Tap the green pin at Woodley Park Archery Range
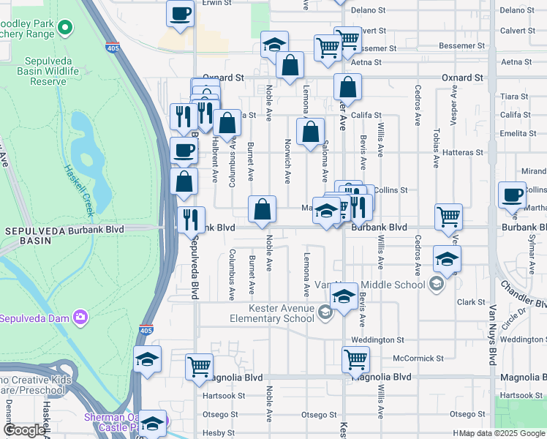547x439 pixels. tap(65, 28)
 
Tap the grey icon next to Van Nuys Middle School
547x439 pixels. tap(437, 284)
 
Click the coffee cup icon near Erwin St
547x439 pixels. tap(180, 14)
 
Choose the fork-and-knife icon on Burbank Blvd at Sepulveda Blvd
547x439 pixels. tap(190, 218)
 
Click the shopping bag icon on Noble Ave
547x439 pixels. tap(262, 209)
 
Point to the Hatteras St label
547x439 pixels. tap(464, 153)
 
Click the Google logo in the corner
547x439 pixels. tap(25, 430)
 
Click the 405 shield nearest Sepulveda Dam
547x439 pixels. tap(146, 331)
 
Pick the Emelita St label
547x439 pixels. tap(516, 133)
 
